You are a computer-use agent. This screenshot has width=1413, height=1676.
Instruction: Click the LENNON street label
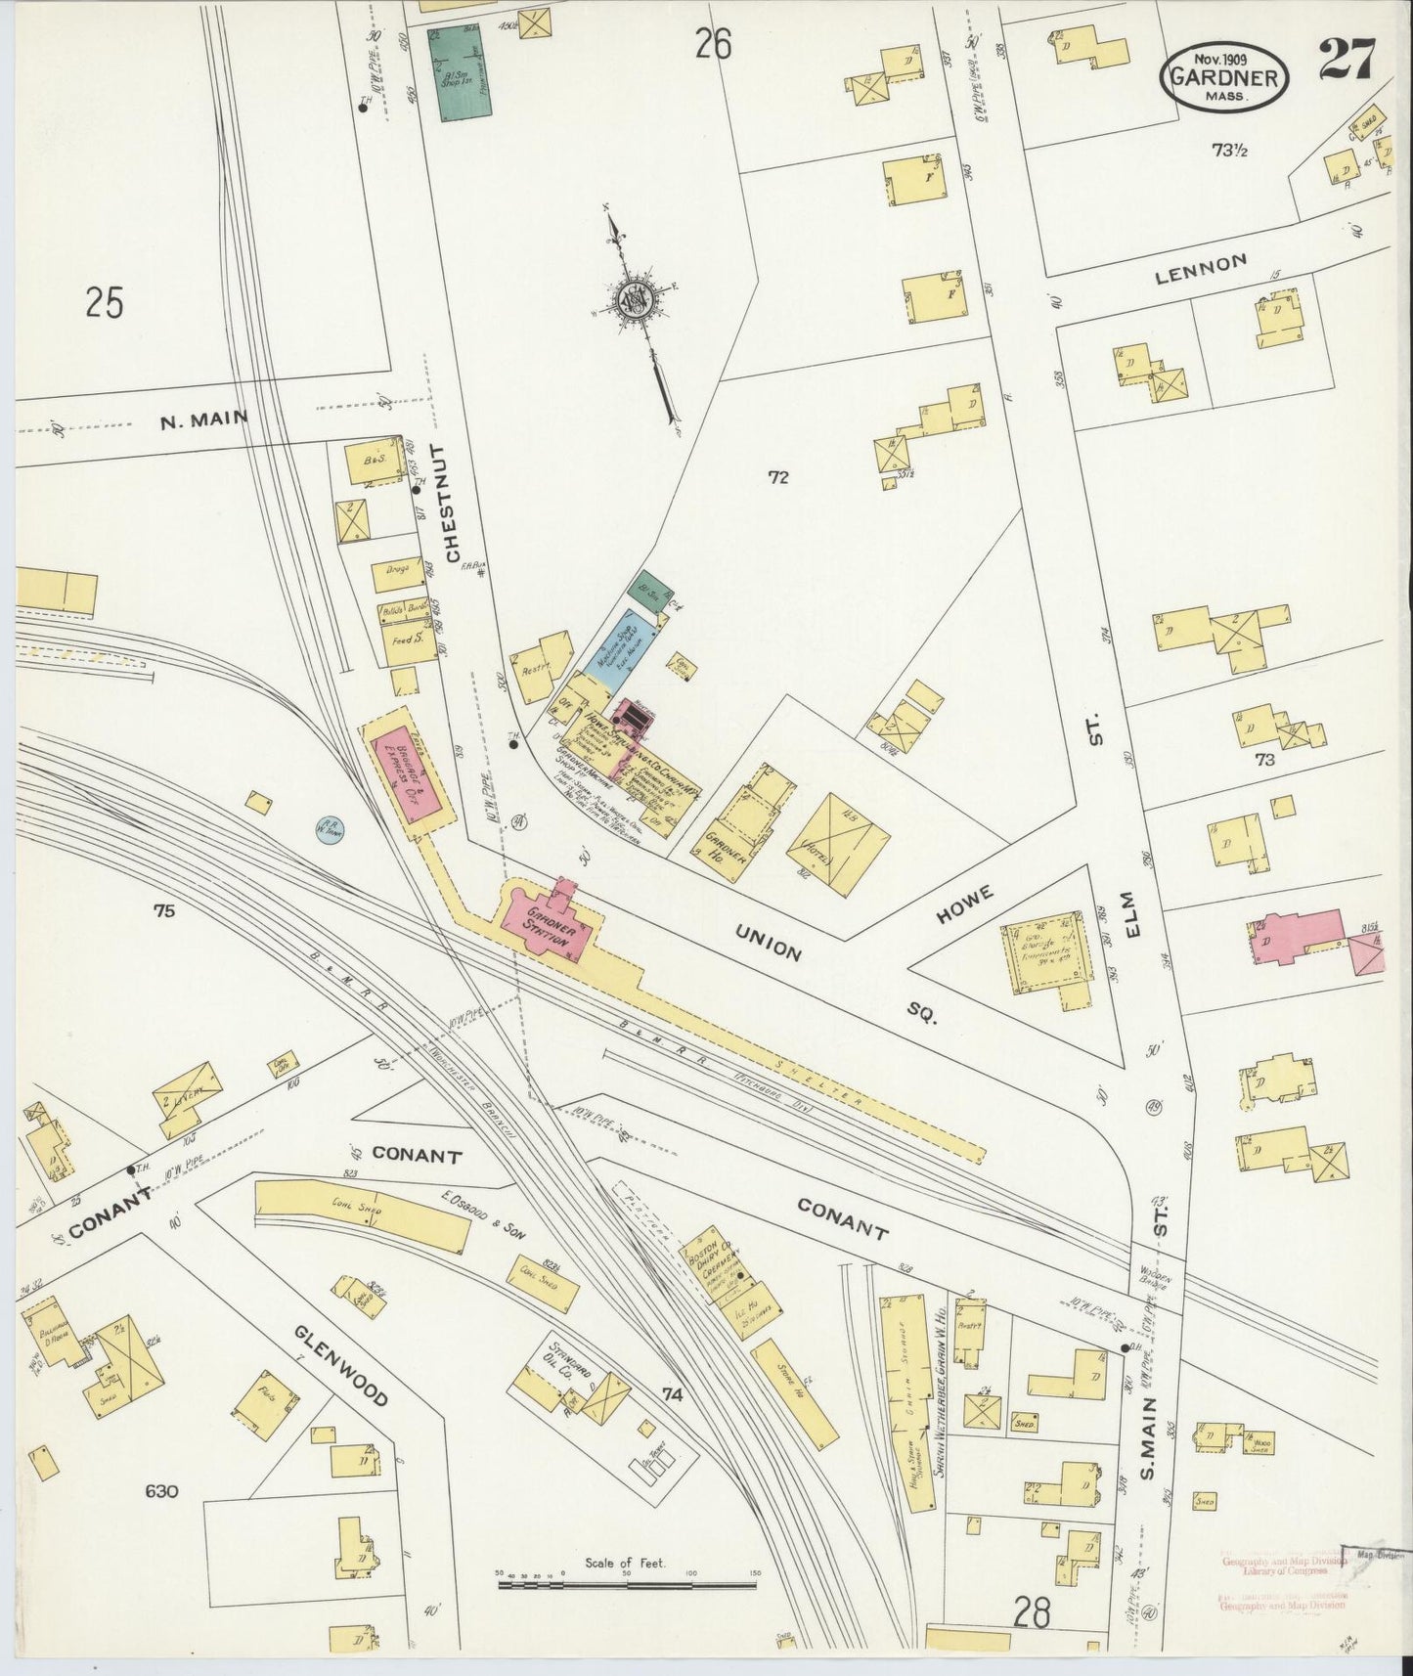pyautogui.click(x=1200, y=268)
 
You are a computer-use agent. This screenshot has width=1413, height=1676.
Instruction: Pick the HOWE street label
pyautogui.click(x=964, y=904)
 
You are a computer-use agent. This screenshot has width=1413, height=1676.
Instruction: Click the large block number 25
pyautogui.click(x=104, y=302)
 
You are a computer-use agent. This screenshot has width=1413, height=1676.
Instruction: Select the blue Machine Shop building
pyautogui.click(x=622, y=646)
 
